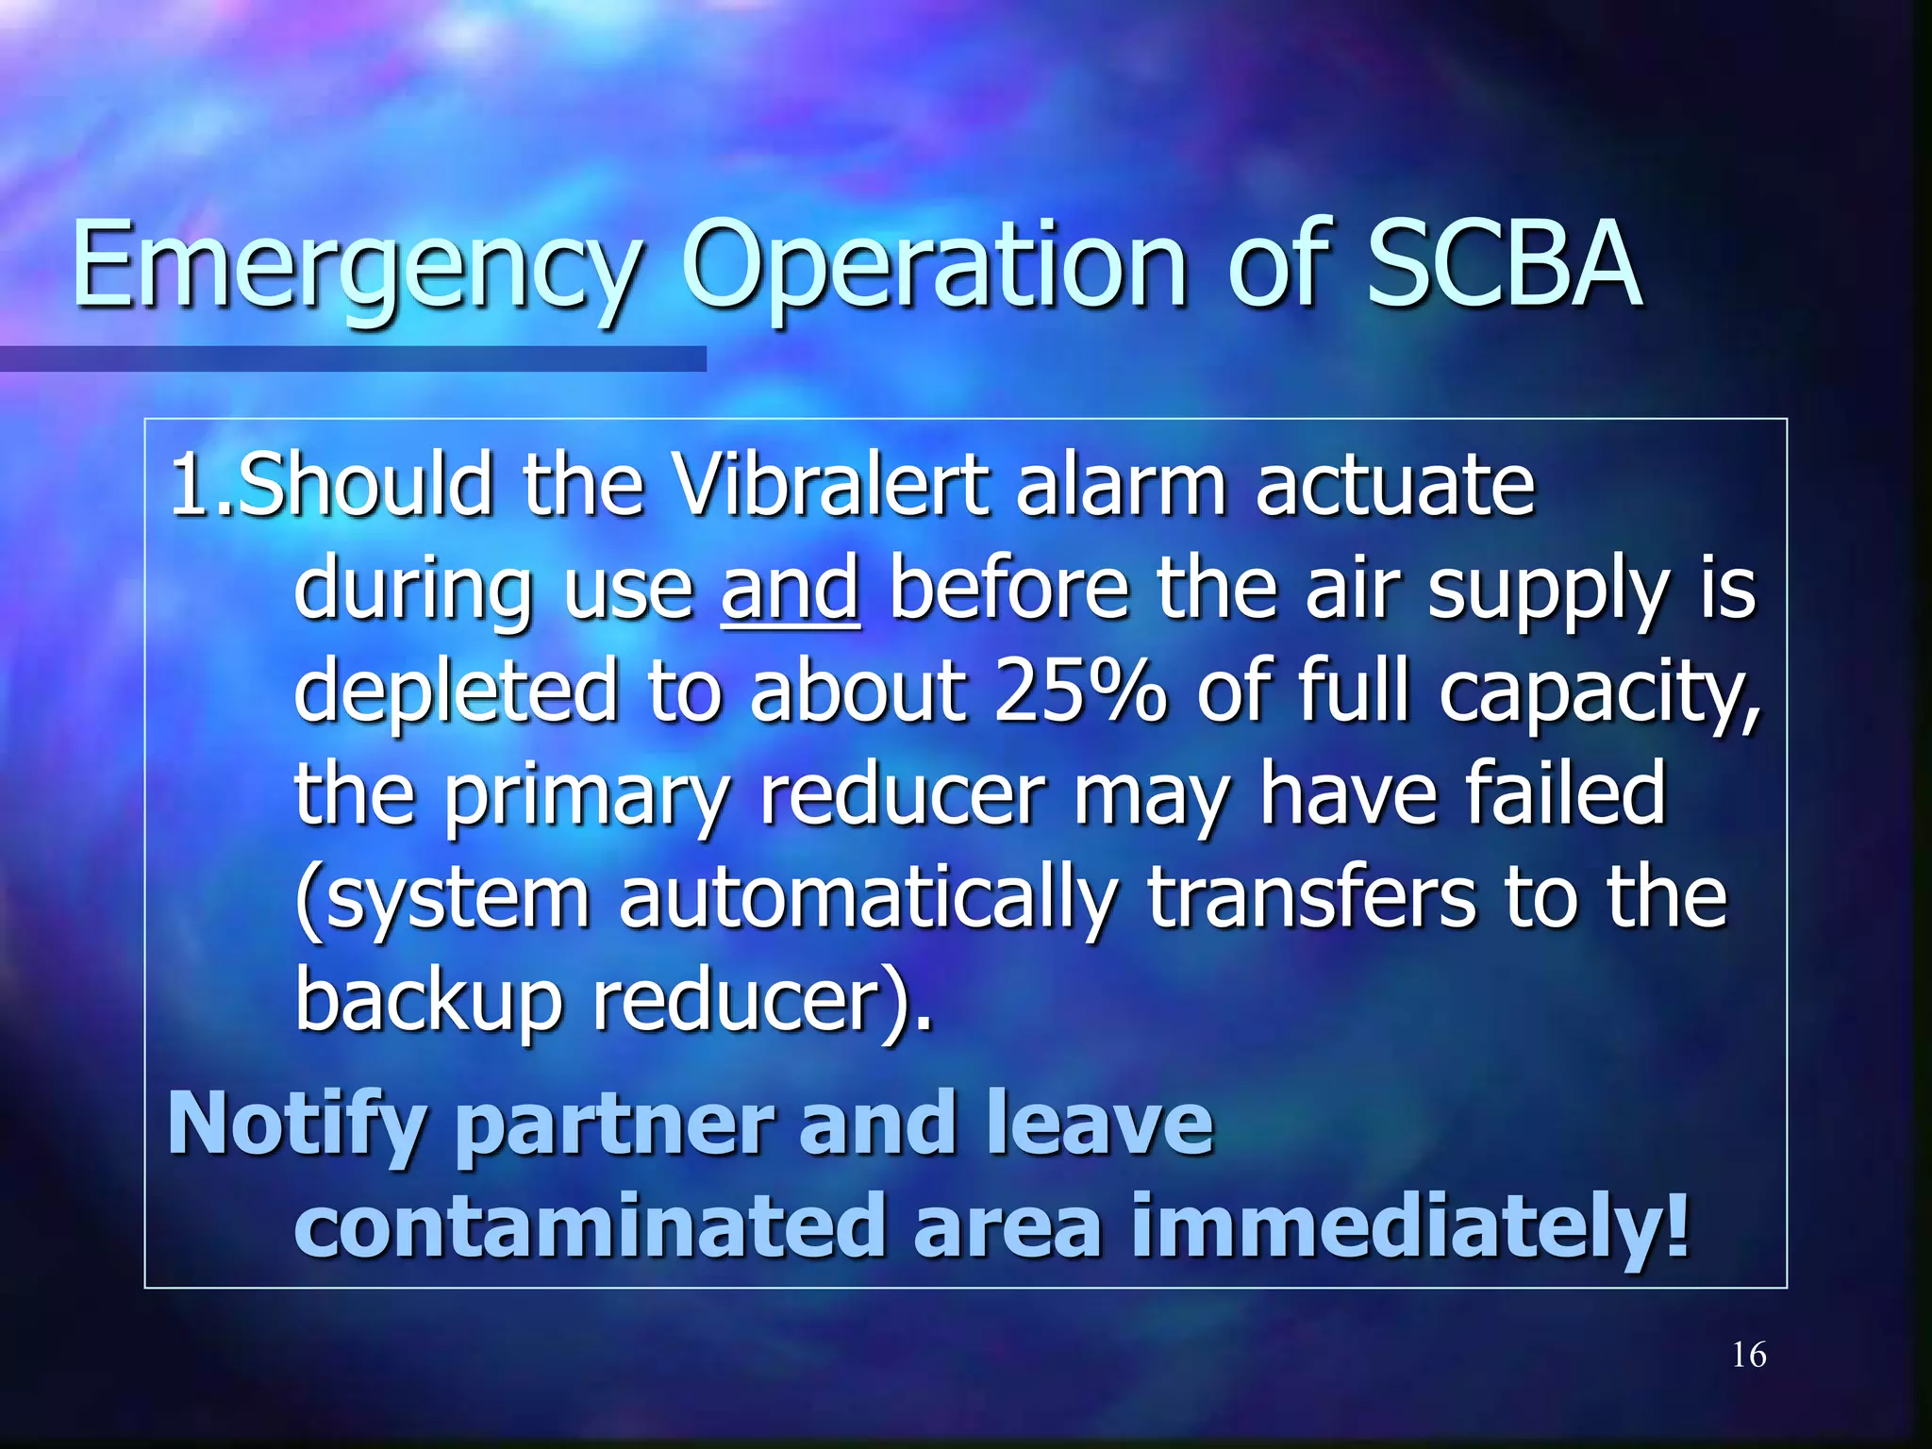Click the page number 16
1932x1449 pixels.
pyautogui.click(x=1748, y=1356)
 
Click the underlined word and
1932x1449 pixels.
pyautogui.click(x=790, y=589)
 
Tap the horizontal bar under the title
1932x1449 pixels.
pyautogui.click(x=353, y=358)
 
